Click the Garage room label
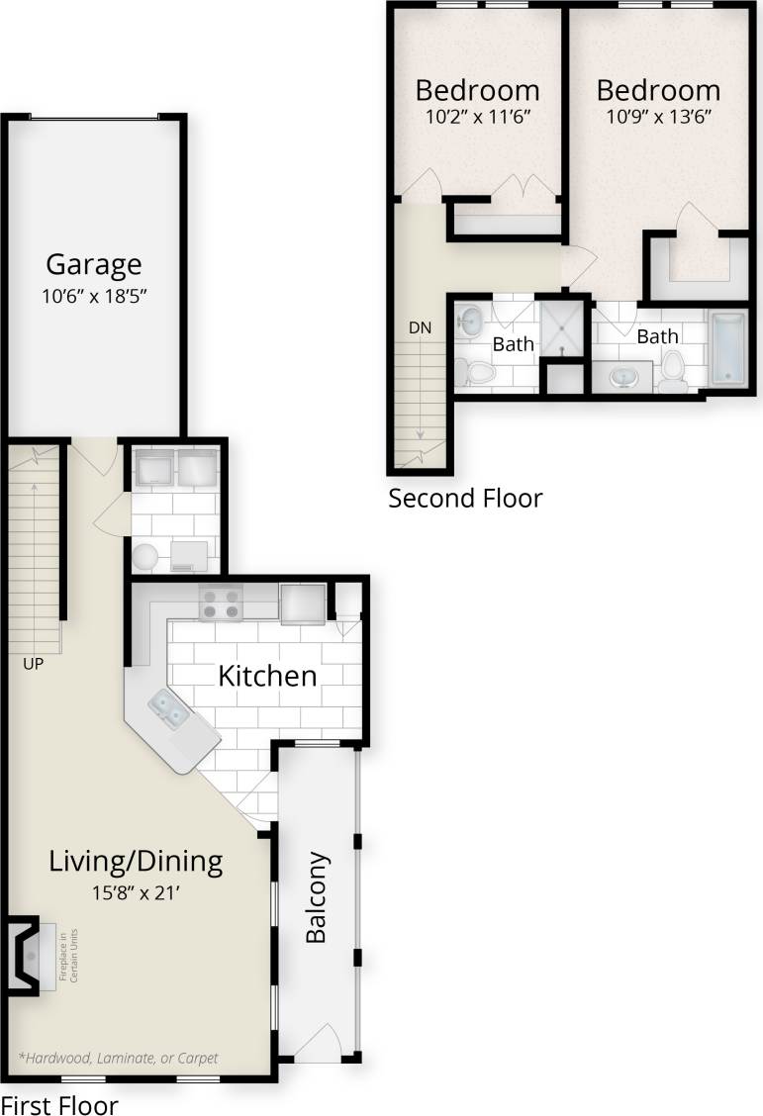click(x=94, y=264)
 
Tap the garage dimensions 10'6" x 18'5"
click(x=94, y=295)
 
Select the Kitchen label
click(x=267, y=676)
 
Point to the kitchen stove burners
click(x=221, y=603)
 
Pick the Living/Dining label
click(x=136, y=861)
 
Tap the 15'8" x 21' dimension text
click(x=136, y=892)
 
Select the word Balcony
click(x=316, y=897)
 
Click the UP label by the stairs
click(x=34, y=664)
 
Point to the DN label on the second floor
click(x=421, y=326)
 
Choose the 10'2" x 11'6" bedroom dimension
click(x=477, y=115)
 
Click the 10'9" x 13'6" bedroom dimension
click(x=658, y=115)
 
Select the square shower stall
click(x=564, y=327)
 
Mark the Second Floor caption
click(x=465, y=498)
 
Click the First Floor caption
click(x=59, y=1104)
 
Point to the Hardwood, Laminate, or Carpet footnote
click(x=118, y=1058)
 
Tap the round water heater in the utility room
click(x=146, y=556)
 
